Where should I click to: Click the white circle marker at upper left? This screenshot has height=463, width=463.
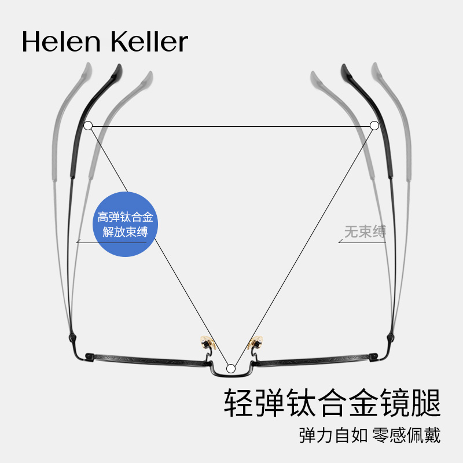88,126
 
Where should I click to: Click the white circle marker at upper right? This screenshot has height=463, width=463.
374,126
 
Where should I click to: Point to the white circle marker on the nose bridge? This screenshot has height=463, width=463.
231,368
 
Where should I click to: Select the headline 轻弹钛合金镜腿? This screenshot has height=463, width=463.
332,402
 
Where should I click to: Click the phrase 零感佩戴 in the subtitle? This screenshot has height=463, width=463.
407,435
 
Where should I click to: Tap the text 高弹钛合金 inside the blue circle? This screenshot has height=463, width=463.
126,217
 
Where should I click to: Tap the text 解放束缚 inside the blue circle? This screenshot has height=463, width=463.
126,233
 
